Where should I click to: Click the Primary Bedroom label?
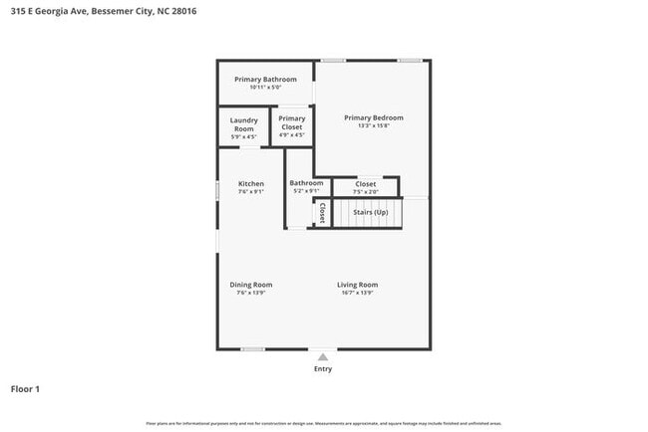click(x=373, y=117)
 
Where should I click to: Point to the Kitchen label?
click(x=250, y=184)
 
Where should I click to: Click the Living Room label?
click(x=357, y=285)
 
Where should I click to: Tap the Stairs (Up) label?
click(x=370, y=212)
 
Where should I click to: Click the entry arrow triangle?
click(x=322, y=356)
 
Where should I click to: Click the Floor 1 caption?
click(x=25, y=388)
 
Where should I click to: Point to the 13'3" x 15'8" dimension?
click(x=373, y=125)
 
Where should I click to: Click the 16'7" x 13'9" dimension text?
click(x=357, y=293)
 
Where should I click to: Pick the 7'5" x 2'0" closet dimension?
click(x=365, y=192)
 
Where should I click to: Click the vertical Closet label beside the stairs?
click(x=322, y=213)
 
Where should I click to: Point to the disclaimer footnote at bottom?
click(x=323, y=424)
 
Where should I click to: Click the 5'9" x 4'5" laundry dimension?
click(x=244, y=136)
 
